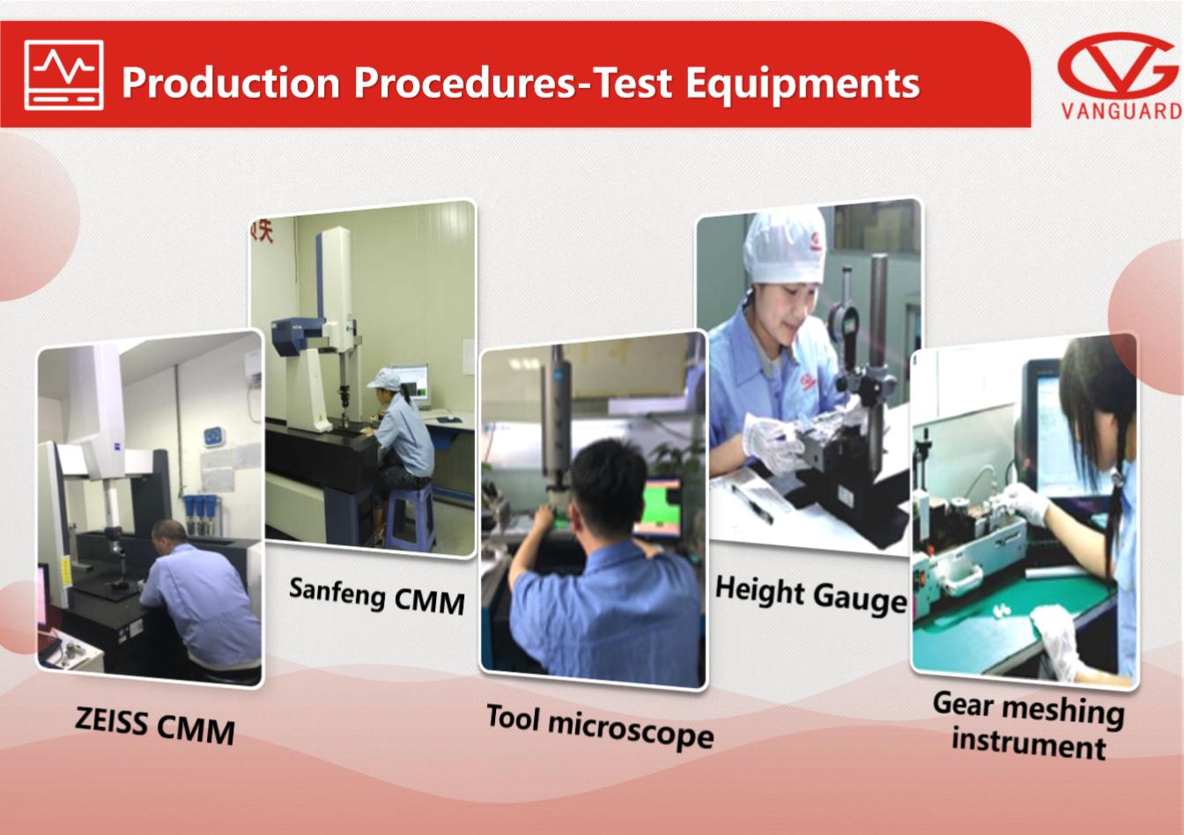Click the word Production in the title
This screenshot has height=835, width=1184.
coord(231,83)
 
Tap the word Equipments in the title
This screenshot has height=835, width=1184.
coord(803,84)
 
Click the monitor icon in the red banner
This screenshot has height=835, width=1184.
coord(64,75)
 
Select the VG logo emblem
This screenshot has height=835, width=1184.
coord(1117,65)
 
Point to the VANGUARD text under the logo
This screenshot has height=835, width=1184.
coord(1121,112)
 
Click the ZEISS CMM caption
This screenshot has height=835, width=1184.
coord(155,725)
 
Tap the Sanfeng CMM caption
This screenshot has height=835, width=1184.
coord(377,596)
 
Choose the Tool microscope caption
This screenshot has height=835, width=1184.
coord(600,727)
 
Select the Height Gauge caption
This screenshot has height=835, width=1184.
coord(810,595)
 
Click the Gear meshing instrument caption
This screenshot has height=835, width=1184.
coord(1029,725)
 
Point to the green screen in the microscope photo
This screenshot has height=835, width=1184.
coord(658,508)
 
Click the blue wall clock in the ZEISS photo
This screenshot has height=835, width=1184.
coord(213,437)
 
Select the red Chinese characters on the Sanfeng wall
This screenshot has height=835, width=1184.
coord(263,232)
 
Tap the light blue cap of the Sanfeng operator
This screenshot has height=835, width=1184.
coord(384,379)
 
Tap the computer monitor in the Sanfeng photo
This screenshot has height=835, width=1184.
coord(410,384)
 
